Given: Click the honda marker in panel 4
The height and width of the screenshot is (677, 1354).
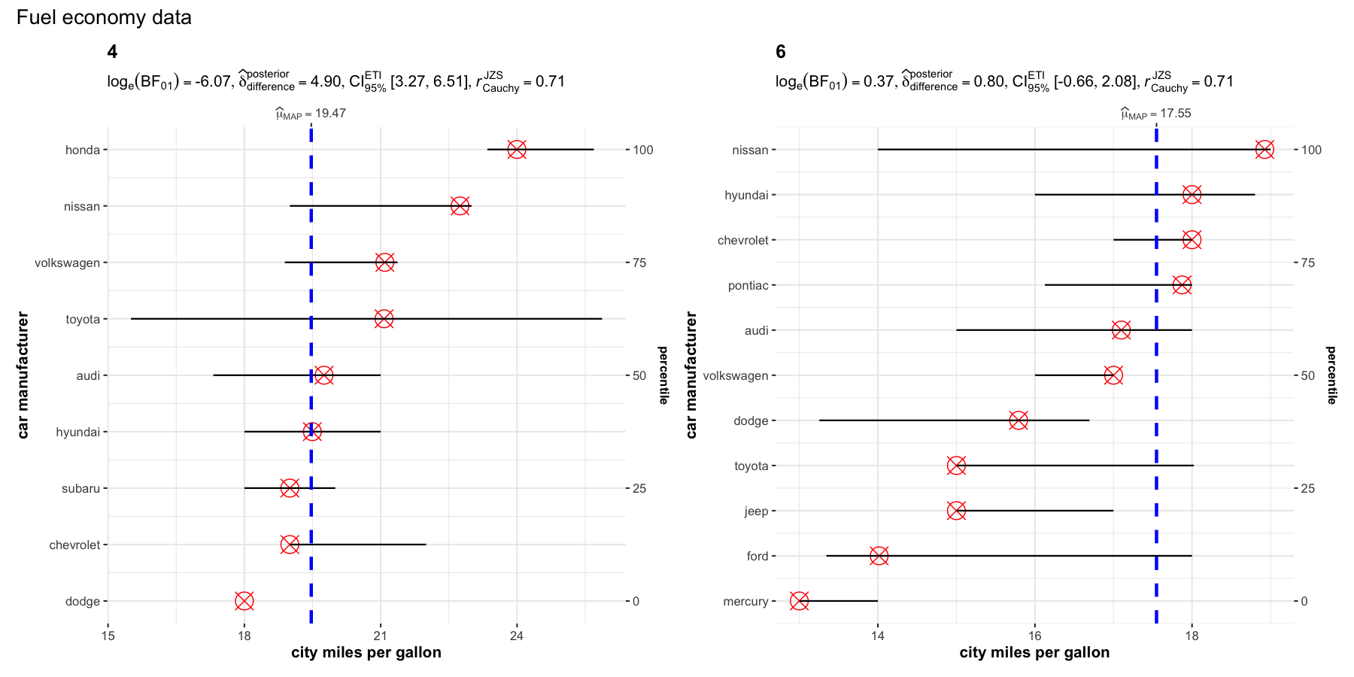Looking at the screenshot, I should click(517, 150).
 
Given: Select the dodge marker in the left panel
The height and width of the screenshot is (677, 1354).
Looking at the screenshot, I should click(244, 601).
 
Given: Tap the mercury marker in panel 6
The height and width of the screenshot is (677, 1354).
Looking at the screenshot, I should click(800, 601).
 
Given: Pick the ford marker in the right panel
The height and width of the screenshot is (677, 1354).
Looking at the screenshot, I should click(879, 556).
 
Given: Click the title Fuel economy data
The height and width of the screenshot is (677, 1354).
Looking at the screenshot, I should click(104, 17).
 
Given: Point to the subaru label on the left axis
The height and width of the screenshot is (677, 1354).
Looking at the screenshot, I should click(80, 488).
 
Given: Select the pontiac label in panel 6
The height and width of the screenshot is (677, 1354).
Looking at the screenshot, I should click(748, 285).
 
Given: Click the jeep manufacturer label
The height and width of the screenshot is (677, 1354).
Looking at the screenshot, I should click(756, 511).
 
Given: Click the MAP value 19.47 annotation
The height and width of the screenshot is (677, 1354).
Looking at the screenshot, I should click(311, 114).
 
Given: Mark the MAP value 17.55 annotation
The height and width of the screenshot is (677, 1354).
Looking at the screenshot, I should click(1156, 114).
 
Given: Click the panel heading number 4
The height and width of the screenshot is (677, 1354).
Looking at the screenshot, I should click(112, 52).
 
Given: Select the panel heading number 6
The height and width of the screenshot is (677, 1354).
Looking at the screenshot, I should click(781, 52).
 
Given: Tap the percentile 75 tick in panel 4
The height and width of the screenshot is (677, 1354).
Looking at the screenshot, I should click(639, 263).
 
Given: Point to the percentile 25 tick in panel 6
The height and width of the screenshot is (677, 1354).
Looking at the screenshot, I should click(1308, 488).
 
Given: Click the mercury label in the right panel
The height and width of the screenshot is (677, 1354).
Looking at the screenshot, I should click(745, 601).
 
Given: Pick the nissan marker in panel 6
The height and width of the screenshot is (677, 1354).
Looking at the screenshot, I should click(1265, 150).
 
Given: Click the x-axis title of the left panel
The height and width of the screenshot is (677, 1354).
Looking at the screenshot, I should click(366, 652).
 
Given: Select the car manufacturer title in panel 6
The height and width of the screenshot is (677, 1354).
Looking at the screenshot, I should click(691, 375).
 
